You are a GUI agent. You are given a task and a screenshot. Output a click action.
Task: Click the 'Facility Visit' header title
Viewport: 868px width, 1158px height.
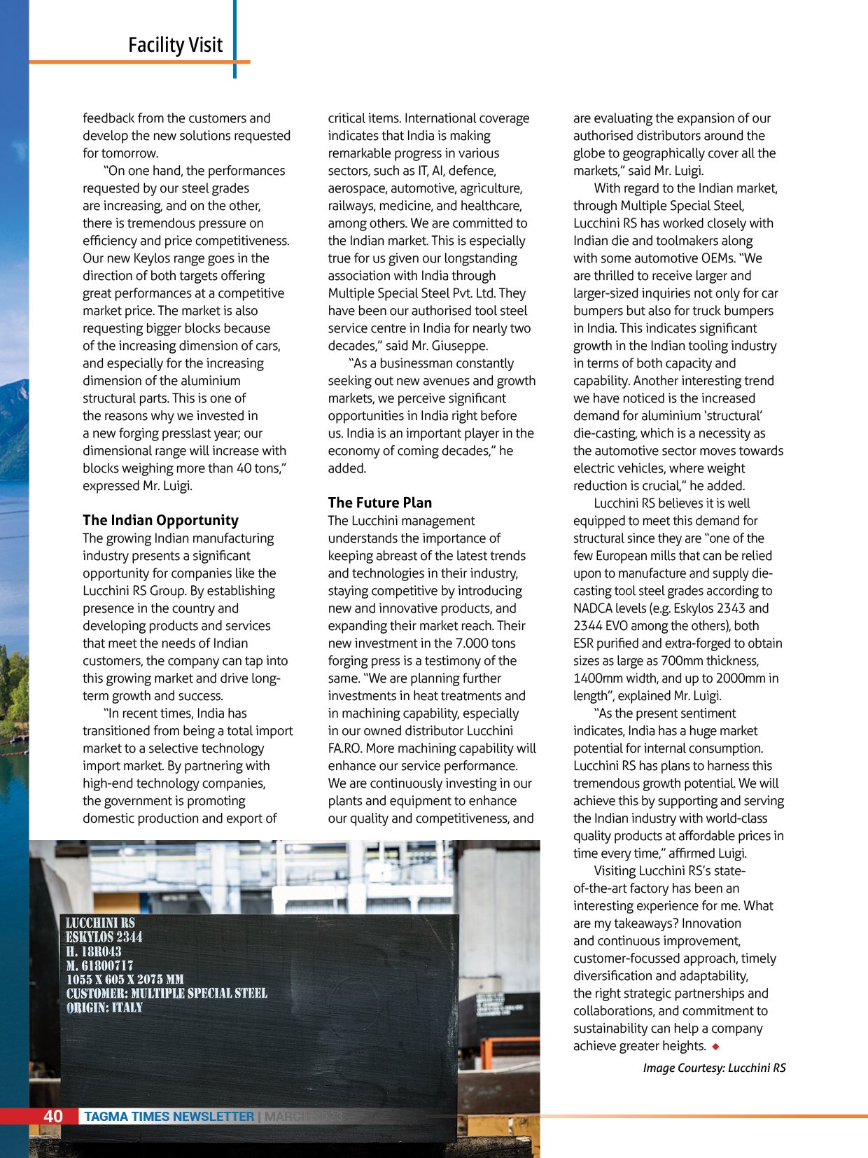(x=175, y=46)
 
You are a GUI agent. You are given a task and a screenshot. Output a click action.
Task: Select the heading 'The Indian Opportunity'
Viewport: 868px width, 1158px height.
(x=160, y=520)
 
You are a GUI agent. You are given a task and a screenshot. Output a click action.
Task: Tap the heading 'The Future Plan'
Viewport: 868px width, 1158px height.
(x=380, y=503)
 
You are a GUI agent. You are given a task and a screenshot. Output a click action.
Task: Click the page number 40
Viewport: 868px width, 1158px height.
(x=53, y=1116)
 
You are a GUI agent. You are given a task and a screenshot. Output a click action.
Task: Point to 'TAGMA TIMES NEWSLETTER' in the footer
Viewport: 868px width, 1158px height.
(x=169, y=1117)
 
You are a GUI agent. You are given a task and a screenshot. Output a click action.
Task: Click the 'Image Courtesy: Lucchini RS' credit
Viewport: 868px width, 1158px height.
(x=714, y=1068)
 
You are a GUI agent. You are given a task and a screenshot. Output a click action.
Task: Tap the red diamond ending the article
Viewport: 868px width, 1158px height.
(x=715, y=1047)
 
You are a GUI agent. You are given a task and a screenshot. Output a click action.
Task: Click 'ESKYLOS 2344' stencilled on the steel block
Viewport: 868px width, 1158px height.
(x=104, y=937)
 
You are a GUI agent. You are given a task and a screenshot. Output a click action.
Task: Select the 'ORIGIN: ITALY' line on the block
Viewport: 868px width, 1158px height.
(x=104, y=1008)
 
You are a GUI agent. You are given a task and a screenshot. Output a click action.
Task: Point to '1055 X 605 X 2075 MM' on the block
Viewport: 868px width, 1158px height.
(x=125, y=979)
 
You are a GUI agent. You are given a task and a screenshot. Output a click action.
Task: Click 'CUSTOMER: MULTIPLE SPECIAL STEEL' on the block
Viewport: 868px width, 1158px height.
(x=167, y=993)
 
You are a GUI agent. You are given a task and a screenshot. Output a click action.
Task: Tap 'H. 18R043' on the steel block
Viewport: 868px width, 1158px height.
(x=94, y=951)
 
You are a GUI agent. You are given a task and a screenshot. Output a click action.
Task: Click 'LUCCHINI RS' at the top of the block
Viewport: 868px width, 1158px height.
(x=100, y=923)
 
